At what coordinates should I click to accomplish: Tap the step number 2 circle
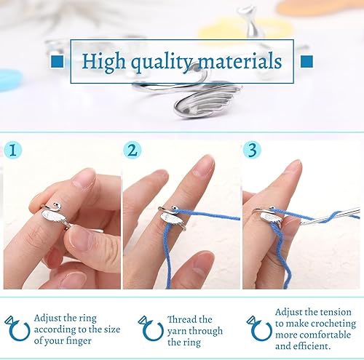(132, 151)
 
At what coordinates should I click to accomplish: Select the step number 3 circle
(251, 151)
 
